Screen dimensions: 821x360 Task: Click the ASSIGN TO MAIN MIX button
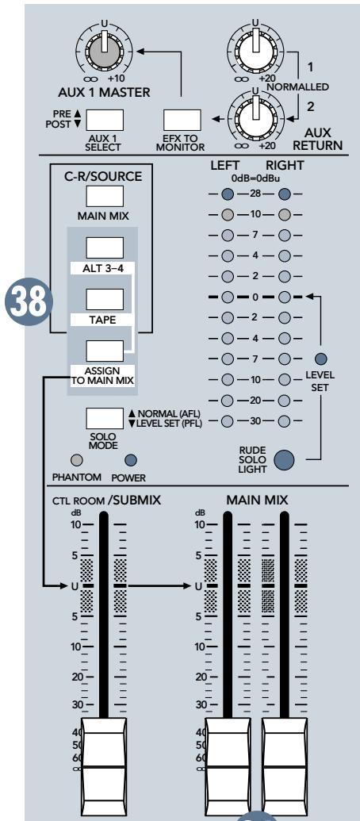tap(105, 350)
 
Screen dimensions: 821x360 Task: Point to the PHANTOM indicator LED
tap(77, 459)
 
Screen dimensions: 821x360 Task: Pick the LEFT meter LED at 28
tap(228, 195)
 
